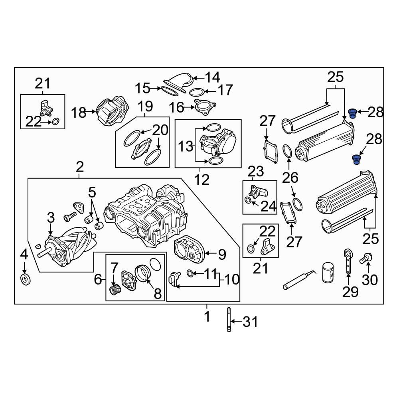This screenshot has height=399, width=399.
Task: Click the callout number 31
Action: pyautogui.click(x=251, y=322)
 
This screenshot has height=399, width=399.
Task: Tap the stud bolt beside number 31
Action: pyautogui.click(x=229, y=320)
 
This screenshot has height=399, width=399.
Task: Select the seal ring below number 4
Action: pyautogui.click(x=25, y=279)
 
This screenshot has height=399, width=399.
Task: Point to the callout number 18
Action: pyautogui.click(x=79, y=113)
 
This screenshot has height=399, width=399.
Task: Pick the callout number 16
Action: pyautogui.click(x=176, y=107)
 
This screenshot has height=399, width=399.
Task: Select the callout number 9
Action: pyautogui.click(x=221, y=253)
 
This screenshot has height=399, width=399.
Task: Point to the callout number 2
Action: pyautogui.click(x=80, y=166)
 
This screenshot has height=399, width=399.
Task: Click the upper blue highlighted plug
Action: pyautogui.click(x=352, y=113)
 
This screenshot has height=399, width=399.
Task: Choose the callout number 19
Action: pyautogui.click(x=146, y=106)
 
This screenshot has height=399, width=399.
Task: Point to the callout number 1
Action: pyautogui.click(x=207, y=317)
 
